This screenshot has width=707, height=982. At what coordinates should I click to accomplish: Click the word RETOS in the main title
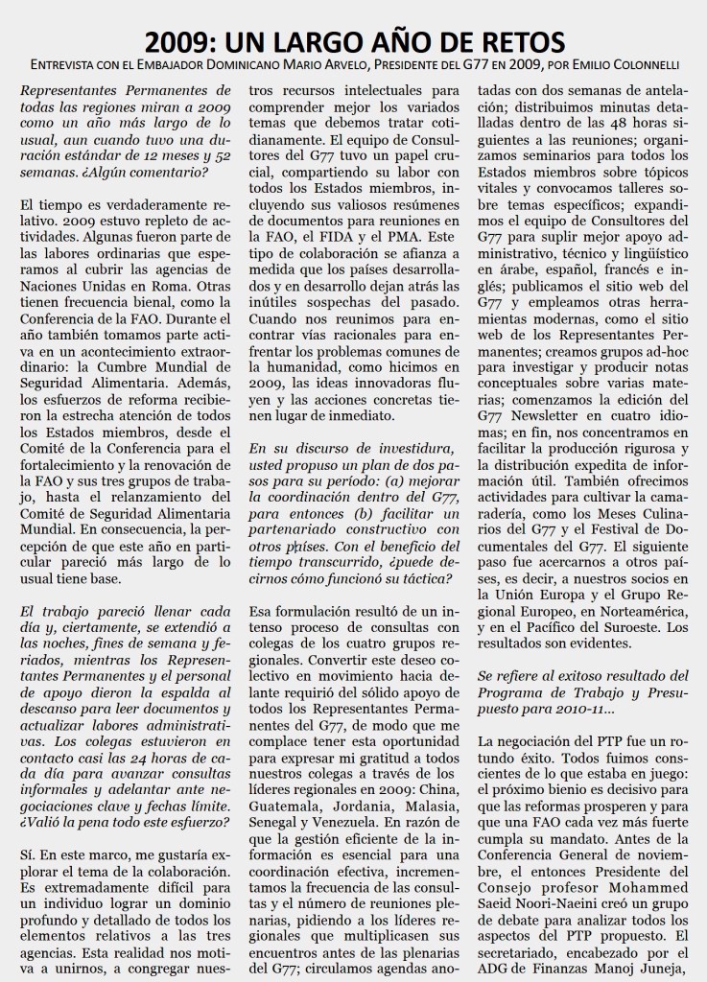(514, 42)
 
